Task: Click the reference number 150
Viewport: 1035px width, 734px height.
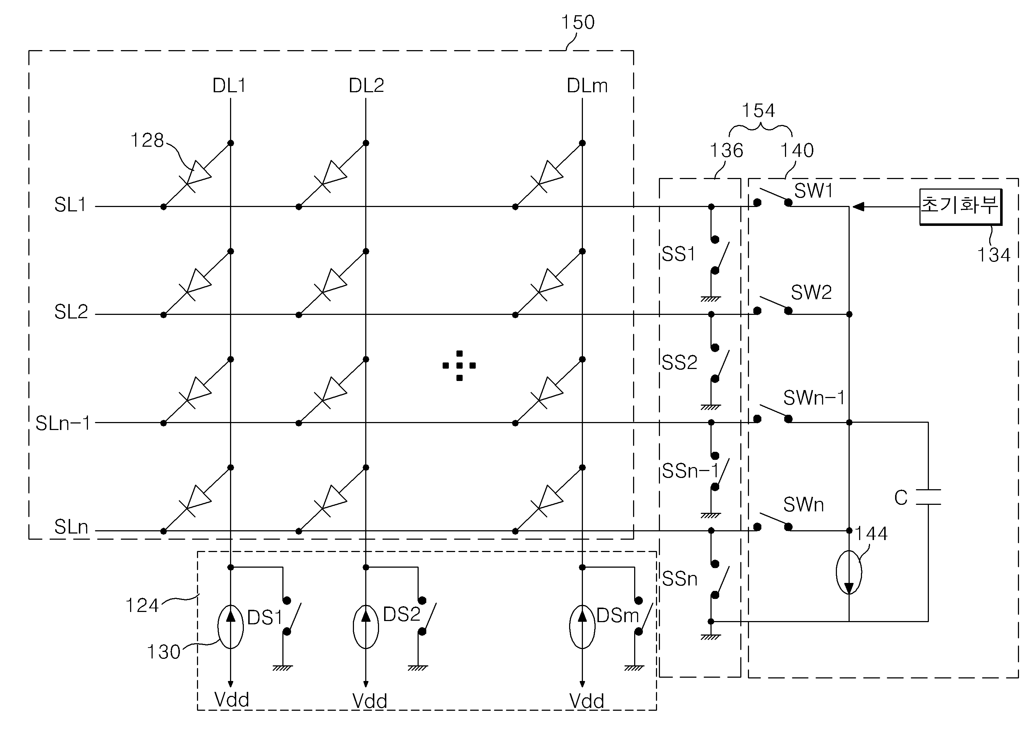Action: [577, 23]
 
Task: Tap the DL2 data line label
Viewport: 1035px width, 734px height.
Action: [366, 85]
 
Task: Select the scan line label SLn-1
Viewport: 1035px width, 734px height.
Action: [63, 423]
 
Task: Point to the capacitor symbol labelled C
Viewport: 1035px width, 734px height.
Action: [928, 497]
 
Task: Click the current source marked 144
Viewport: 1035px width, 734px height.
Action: [849, 572]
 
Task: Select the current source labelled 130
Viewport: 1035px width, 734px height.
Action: [231, 627]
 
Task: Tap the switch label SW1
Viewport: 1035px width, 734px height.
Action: [813, 191]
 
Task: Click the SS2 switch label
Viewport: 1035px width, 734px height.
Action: [679, 362]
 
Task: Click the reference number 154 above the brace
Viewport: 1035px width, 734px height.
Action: [758, 111]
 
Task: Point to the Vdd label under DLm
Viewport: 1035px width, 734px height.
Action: [587, 701]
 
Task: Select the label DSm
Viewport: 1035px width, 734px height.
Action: [617, 616]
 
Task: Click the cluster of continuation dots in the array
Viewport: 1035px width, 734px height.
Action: [459, 366]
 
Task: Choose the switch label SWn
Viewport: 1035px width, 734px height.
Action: [803, 505]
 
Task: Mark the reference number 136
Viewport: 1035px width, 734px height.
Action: [726, 150]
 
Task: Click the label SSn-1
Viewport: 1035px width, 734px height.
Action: [690, 471]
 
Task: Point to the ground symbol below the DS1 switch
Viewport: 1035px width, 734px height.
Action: [283, 668]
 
